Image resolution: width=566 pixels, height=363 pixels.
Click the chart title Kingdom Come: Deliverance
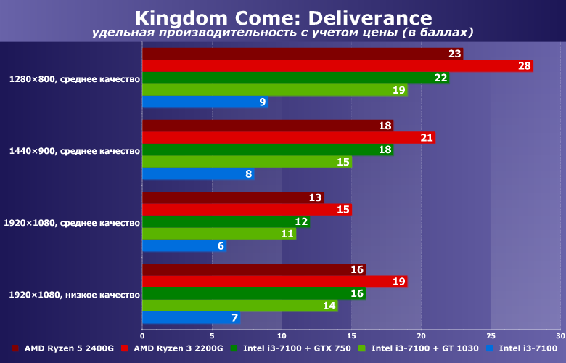(x=283, y=17)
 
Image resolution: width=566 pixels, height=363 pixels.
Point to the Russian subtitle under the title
(x=283, y=33)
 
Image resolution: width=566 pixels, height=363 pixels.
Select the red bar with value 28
(x=337, y=66)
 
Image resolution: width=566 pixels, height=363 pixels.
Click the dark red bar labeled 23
(x=303, y=54)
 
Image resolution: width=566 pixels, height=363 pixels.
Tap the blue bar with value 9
(x=205, y=102)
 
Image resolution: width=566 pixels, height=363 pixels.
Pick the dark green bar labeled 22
(x=295, y=78)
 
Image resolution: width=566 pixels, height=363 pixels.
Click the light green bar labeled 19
(x=274, y=90)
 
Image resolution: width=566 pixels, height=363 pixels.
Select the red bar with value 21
(x=289, y=138)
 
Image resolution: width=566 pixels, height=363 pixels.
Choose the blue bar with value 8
(x=198, y=174)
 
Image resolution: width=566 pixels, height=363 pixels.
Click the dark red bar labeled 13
(x=233, y=197)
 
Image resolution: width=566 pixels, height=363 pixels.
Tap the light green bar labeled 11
(x=219, y=234)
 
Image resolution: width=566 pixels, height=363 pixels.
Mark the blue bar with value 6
(x=184, y=246)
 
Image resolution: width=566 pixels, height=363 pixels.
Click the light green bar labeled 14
(x=239, y=306)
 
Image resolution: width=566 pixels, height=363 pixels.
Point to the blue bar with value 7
(x=191, y=318)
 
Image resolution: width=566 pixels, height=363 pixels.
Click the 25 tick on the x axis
(x=491, y=336)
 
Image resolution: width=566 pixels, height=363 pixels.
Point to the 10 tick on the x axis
(x=282, y=336)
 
